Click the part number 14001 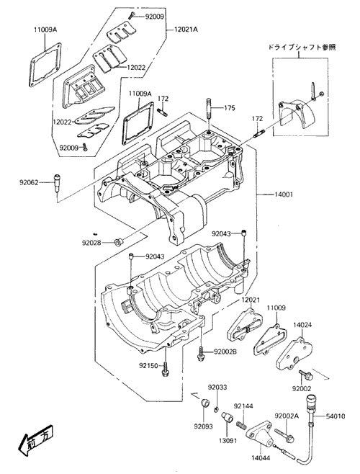(283, 194)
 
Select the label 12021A (186, 30)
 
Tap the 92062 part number (30, 182)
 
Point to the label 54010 (336, 416)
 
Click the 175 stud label (230, 108)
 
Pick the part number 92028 (91, 243)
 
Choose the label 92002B (225, 352)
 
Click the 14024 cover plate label (302, 325)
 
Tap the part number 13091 (228, 440)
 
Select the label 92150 (149, 366)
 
